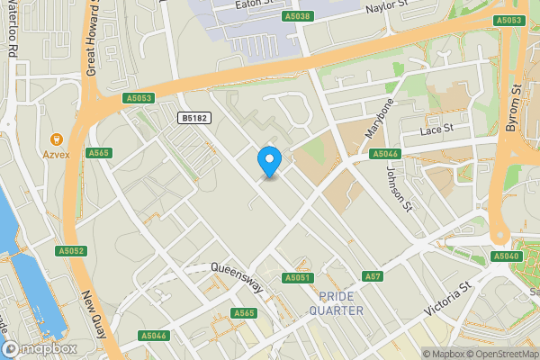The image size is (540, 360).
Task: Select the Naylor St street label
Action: [388, 9]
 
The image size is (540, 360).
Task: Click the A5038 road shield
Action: [297, 16]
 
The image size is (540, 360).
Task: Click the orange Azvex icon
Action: [56, 139]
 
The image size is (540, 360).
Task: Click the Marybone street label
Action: [379, 117]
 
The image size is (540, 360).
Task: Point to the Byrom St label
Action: [514, 108]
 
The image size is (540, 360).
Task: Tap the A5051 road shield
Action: [297, 278]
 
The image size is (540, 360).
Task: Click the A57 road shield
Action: [373, 275]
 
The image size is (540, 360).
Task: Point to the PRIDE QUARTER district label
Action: [336, 303]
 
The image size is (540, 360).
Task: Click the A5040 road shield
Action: [507, 256]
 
